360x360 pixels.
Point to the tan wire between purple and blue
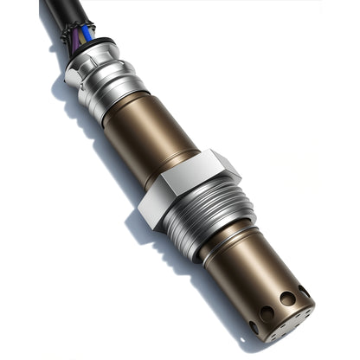(82, 36)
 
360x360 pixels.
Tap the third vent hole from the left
(287, 299)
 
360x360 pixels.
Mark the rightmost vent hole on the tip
(305, 292)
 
